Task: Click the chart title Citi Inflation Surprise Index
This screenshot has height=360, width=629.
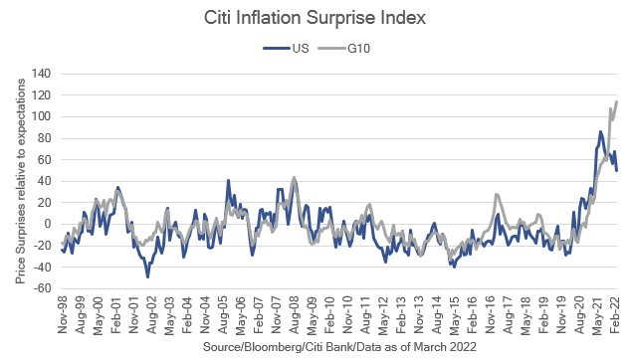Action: [x=314, y=18]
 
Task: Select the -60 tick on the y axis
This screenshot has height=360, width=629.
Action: [x=41, y=288]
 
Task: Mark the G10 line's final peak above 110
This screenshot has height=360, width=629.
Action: [x=617, y=101]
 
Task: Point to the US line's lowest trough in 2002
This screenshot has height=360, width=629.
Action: [x=148, y=276]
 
